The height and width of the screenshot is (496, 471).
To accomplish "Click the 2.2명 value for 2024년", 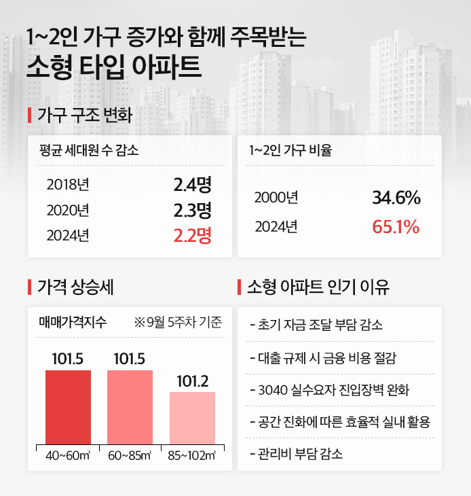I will tap(193, 236).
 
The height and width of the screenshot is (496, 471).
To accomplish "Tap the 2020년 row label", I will tap(68, 210).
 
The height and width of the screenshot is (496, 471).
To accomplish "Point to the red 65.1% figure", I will tap(396, 226).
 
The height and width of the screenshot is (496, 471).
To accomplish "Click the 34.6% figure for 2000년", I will tap(396, 198).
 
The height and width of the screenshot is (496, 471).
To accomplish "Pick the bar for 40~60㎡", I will tap(68, 407).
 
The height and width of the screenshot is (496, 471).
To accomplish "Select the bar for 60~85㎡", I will tap(130, 407).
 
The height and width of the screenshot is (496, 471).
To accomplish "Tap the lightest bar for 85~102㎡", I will tap(192, 418).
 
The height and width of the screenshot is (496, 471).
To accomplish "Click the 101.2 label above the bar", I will tap(192, 381).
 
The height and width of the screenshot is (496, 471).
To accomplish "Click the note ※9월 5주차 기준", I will tap(179, 323).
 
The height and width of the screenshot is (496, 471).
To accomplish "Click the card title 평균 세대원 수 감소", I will tap(89, 151).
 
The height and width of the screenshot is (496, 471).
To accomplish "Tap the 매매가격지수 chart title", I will tap(72, 323).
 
